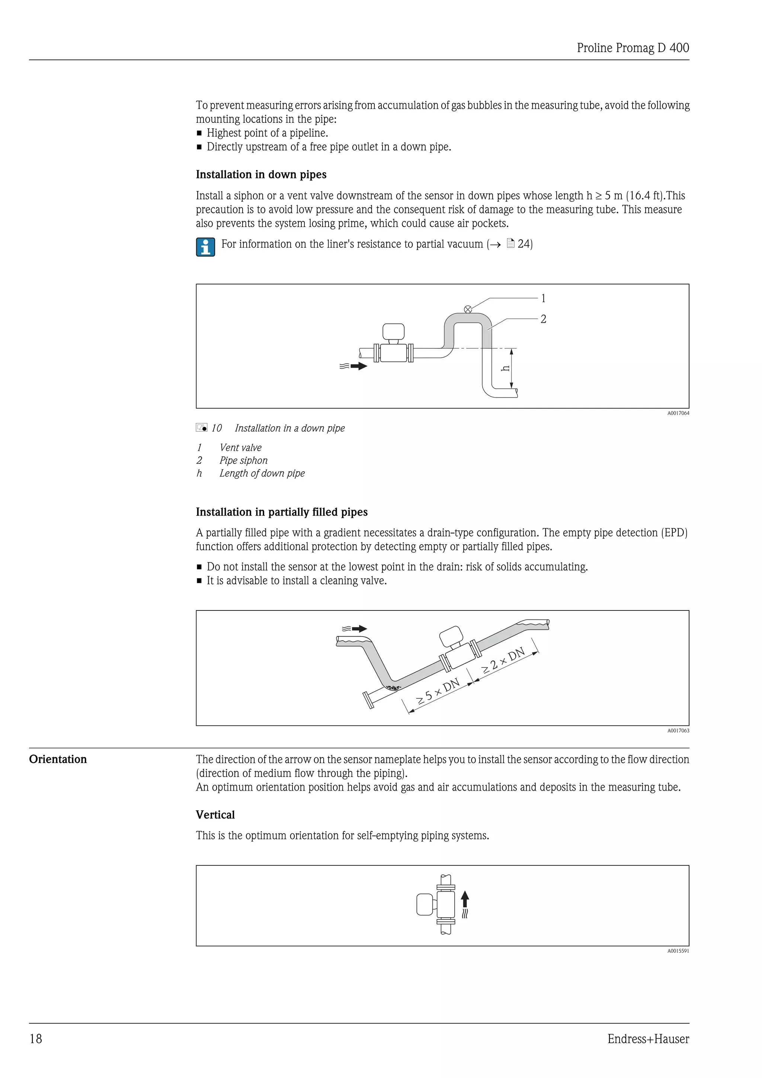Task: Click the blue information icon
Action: pyautogui.click(x=205, y=247)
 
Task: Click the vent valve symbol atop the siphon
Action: pyautogui.click(x=468, y=309)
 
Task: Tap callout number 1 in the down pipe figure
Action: pyautogui.click(x=543, y=298)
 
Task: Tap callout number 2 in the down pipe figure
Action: pyautogui.click(x=543, y=319)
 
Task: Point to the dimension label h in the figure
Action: pyautogui.click(x=505, y=369)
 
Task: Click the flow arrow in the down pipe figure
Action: pyautogui.click(x=358, y=366)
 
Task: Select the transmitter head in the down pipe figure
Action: pyautogui.click(x=393, y=331)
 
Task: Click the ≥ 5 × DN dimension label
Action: pyautogui.click(x=438, y=692)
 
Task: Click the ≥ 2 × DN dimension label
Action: pyautogui.click(x=503, y=661)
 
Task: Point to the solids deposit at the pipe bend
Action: pyautogui.click(x=393, y=688)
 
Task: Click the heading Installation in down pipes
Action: pyautogui.click(x=261, y=175)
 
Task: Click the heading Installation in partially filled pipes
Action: pyautogui.click(x=282, y=512)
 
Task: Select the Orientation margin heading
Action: pyautogui.click(x=58, y=759)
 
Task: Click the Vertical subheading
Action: pyautogui.click(x=215, y=814)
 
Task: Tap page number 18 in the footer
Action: pyautogui.click(x=36, y=1039)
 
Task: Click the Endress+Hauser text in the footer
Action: pyautogui.click(x=648, y=1039)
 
